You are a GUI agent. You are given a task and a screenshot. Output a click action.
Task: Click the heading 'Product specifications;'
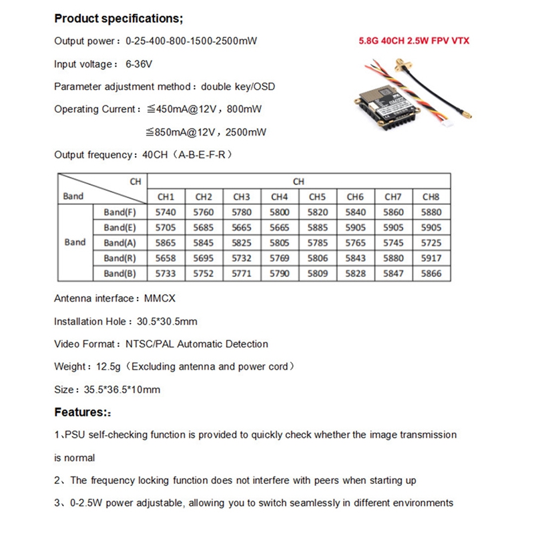[117, 17]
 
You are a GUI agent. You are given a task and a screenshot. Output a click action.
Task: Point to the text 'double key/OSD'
[238, 87]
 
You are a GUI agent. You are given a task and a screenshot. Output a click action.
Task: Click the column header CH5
[318, 197]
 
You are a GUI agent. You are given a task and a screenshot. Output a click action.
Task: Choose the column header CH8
[431, 197]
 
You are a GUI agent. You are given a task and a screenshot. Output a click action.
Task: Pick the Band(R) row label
[119, 258]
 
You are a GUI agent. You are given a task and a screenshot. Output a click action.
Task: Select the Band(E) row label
[119, 228]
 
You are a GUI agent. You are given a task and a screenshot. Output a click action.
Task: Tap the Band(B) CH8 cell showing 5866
[431, 273]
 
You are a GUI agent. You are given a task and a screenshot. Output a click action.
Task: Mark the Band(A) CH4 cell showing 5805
[280, 243]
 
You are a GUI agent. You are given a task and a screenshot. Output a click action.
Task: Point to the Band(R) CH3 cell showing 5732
[242, 258]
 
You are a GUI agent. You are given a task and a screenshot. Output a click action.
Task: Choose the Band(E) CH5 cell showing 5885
[318, 228]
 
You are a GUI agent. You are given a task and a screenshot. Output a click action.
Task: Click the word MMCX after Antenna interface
[160, 299]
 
